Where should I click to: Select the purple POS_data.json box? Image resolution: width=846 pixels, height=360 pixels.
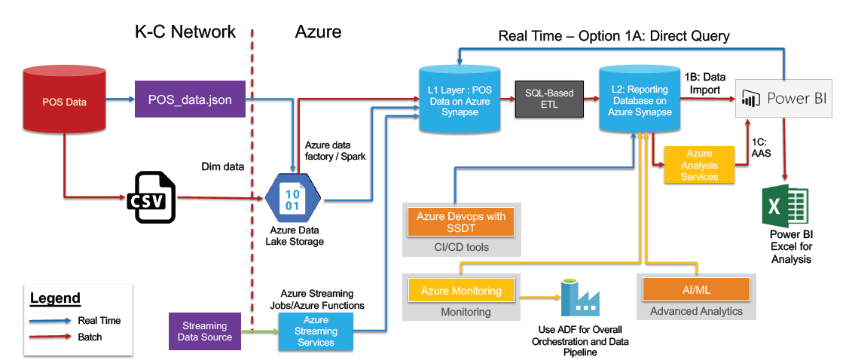[190, 99]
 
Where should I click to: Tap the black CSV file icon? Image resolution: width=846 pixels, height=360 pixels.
[155, 198]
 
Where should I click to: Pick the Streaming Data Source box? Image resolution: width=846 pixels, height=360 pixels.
[204, 331]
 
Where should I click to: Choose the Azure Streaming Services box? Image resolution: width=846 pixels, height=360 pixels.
[316, 331]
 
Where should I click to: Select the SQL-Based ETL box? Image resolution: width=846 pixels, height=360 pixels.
[549, 99]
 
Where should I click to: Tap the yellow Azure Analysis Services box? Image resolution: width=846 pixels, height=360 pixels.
[699, 165]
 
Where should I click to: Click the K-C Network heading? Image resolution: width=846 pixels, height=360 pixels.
[185, 32]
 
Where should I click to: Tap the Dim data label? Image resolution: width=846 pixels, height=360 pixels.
[223, 166]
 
